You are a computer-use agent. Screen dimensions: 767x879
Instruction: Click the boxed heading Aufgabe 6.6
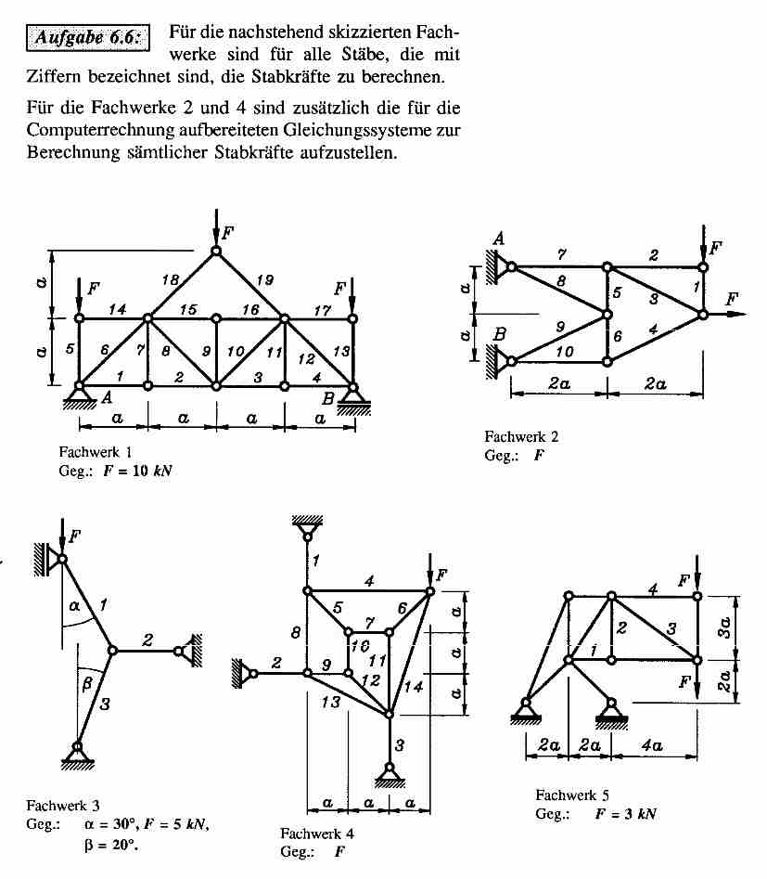pyautogui.click(x=88, y=37)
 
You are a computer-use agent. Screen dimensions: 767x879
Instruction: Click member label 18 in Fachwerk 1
pyautogui.click(x=171, y=279)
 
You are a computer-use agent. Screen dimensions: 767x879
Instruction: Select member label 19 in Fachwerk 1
pyautogui.click(x=264, y=279)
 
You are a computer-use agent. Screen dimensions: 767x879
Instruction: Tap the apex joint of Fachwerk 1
pyautogui.click(x=216, y=252)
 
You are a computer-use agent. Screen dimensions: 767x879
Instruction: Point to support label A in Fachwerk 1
pyautogui.click(x=107, y=397)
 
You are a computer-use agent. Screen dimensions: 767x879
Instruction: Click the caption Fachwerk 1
pyautogui.click(x=96, y=452)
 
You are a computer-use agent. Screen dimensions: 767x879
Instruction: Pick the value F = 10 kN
pyautogui.click(x=137, y=471)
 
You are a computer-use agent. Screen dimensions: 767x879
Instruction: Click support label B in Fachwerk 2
pyautogui.click(x=500, y=335)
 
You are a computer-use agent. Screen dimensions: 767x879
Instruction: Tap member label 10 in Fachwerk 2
pyautogui.click(x=564, y=352)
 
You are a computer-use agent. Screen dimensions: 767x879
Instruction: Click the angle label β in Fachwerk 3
pyautogui.click(x=87, y=684)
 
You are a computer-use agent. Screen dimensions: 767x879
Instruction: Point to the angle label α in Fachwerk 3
pyautogui.click(x=74, y=605)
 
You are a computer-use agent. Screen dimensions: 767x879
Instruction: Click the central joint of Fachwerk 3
pyautogui.click(x=112, y=651)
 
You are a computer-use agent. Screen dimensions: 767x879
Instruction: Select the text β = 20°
pyautogui.click(x=111, y=845)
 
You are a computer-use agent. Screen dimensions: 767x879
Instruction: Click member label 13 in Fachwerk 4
pyautogui.click(x=330, y=701)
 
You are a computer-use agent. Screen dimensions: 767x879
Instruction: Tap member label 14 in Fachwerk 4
pyautogui.click(x=414, y=686)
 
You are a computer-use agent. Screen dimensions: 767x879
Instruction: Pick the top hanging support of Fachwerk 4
pyautogui.click(x=307, y=527)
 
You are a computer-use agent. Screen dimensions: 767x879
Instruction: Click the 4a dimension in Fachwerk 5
pyautogui.click(x=653, y=745)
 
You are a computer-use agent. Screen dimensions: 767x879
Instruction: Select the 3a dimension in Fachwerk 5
pyautogui.click(x=724, y=627)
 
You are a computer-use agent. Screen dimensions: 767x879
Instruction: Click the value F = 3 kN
pyautogui.click(x=625, y=813)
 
